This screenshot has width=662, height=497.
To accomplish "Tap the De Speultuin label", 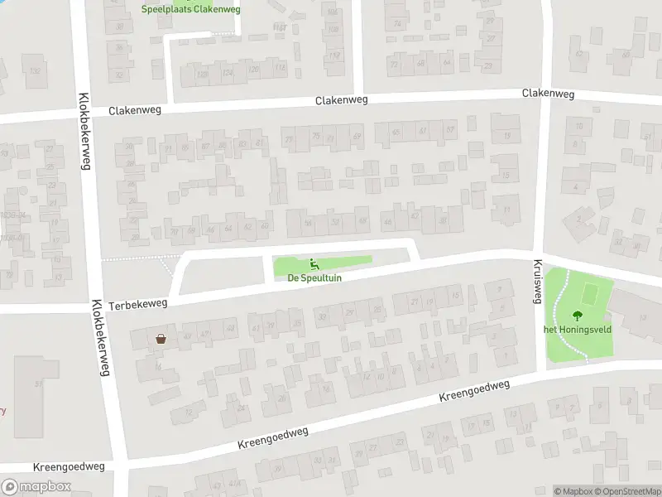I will pos(314,278).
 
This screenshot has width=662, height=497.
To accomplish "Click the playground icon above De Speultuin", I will pos(314,265).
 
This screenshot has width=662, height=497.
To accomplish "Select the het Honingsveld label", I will pos(576,329).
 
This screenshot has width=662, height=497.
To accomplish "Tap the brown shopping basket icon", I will pos(161,338).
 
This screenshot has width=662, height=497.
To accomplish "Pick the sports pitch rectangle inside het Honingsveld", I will pos(590,293).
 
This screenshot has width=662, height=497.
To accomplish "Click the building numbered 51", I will pos(38,384).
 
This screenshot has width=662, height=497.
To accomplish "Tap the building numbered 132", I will pos(34,71).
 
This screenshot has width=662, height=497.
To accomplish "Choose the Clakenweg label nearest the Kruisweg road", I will pos(548,94).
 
